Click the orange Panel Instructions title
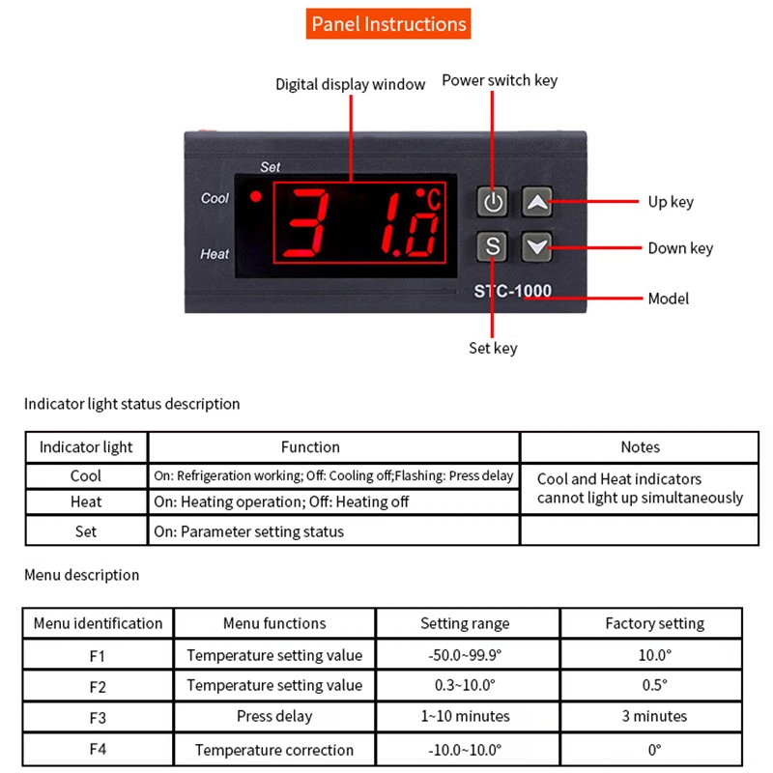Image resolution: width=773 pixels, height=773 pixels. [x=388, y=24]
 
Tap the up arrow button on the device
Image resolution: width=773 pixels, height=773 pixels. [x=538, y=202]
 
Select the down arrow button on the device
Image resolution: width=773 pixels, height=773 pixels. [x=538, y=246]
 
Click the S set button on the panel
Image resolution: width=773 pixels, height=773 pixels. [x=493, y=246]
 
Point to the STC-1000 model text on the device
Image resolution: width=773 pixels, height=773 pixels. [x=512, y=291]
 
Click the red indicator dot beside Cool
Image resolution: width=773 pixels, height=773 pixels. [x=256, y=197]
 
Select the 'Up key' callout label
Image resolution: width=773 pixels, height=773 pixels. [x=671, y=202]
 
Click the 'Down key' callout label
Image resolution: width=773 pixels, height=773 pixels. [x=680, y=248]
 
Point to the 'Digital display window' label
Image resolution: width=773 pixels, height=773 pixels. [x=350, y=85]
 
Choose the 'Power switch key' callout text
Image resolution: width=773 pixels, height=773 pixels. [x=500, y=80]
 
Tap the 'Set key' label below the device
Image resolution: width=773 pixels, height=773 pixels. [x=493, y=348]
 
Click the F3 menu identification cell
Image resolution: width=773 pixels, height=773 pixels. [x=98, y=717]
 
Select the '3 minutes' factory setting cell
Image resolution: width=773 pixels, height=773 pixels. [x=654, y=717]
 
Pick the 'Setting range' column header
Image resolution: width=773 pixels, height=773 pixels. [x=465, y=624]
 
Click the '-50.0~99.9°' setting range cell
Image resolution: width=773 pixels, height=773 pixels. [x=465, y=655]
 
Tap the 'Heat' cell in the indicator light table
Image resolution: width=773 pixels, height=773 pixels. [x=86, y=502]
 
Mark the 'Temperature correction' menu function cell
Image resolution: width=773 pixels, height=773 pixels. [x=274, y=750]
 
